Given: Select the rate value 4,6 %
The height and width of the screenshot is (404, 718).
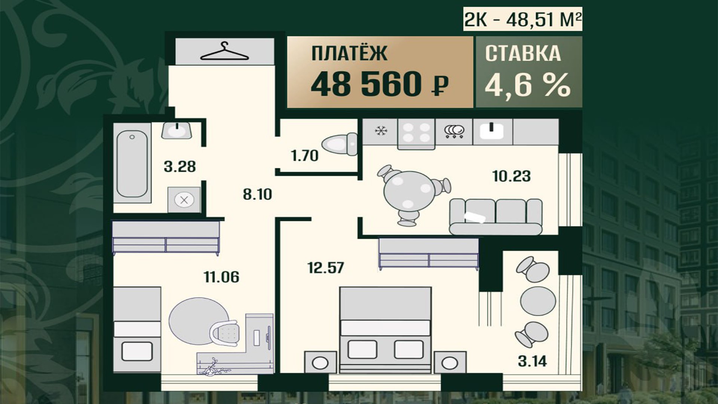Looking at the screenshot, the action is tap(528, 84).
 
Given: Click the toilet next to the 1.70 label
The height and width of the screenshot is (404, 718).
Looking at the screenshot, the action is tap(339, 144).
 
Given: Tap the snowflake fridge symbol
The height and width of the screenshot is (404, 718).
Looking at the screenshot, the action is tap(381, 131).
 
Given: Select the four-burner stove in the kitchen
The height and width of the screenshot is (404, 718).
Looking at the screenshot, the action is tap(416, 133).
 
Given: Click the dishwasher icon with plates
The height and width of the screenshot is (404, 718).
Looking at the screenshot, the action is tap(454, 131).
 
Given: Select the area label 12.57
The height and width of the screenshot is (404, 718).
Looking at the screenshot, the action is tap(325, 268).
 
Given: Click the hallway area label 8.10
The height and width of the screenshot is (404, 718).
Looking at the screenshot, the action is tap(257, 195).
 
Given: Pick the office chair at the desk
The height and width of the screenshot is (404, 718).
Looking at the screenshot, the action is tap(224, 333).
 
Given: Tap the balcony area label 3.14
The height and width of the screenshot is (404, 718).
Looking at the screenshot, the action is tap(532, 361).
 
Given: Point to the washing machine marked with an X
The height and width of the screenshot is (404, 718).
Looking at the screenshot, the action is tap(184, 200).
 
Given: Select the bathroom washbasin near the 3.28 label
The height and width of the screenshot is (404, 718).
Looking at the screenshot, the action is tap(177, 131).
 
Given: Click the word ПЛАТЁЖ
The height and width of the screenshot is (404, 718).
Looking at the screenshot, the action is tap(349, 53).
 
